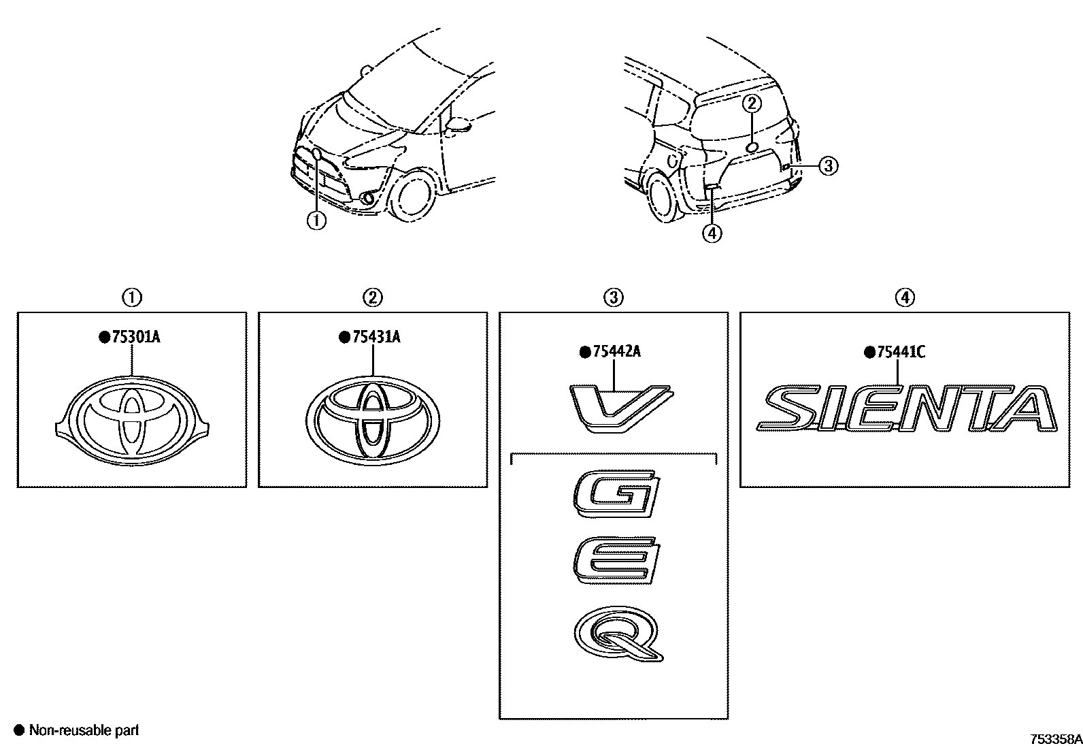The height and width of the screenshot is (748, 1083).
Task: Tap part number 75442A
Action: coord(616,352)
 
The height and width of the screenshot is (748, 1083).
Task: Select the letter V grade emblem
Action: coord(618,408)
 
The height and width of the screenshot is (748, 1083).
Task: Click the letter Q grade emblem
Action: coord(618,634)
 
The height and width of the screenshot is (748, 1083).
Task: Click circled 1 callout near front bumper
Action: coord(316,220)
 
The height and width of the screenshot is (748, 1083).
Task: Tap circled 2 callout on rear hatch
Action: coord(751,103)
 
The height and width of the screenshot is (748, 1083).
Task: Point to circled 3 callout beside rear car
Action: coord(827,165)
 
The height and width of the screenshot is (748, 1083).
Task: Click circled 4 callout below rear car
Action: coord(711,233)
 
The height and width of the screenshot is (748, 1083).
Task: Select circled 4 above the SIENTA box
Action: coord(904,297)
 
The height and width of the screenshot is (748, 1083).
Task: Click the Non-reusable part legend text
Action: coord(83,730)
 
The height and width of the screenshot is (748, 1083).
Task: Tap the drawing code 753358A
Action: coord(1054,738)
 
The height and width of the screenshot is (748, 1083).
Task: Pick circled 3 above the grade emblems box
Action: coord(613,297)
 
